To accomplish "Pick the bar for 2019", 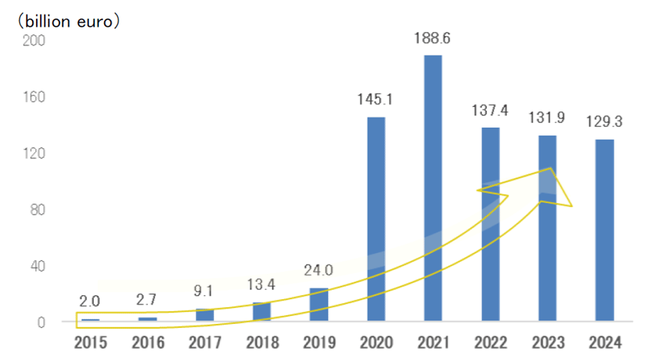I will pyautogui.click(x=319, y=304).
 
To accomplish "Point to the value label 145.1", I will pyautogui.click(x=375, y=100).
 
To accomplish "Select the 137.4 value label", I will pyautogui.click(x=490, y=109).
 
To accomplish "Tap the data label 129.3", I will pyautogui.click(x=604, y=122).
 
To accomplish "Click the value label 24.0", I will pyautogui.click(x=319, y=270).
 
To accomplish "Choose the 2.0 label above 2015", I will pyautogui.click(x=90, y=301).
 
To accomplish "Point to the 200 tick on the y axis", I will pyautogui.click(x=33, y=41).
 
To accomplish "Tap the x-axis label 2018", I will pyautogui.click(x=262, y=342).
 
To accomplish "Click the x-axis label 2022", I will pyautogui.click(x=490, y=342).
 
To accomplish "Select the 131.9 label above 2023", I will pyautogui.click(x=547, y=118).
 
